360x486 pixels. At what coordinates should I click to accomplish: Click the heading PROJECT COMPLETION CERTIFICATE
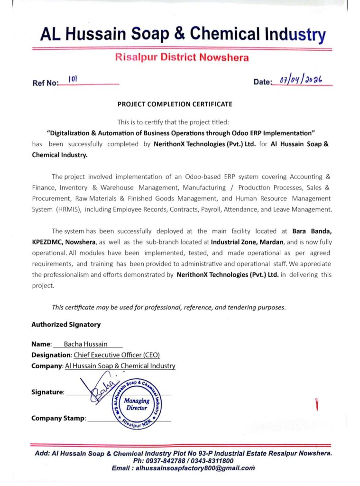pos(175,104)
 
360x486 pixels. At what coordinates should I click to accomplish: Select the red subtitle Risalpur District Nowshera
pos(182,58)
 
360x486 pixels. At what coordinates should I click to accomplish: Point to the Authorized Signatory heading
pos(66,325)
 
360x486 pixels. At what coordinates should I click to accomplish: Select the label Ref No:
pos(45,83)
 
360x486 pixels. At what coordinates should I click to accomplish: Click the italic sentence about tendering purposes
pos(169,307)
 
